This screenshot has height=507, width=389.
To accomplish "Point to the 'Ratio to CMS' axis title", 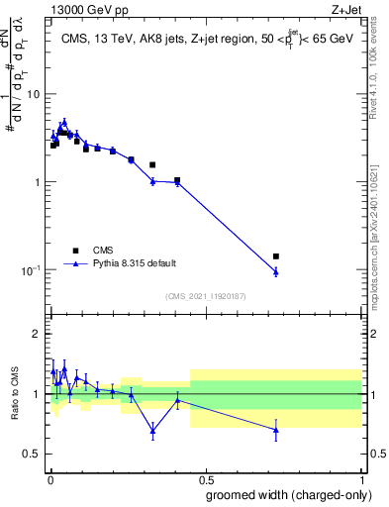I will tap(15, 394).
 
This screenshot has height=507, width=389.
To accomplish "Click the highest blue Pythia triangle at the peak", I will tap(64, 122).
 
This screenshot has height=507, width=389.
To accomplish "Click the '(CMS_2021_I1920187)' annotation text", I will tap(205, 295).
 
